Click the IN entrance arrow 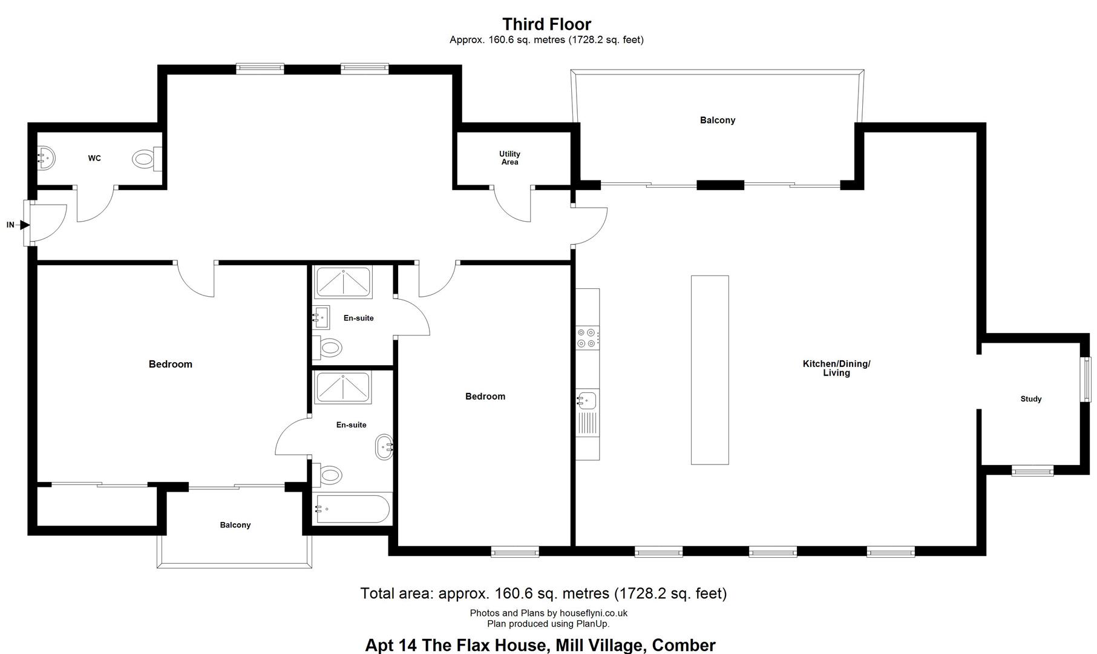coord(24,225)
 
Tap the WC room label coord(94,159)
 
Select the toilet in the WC coord(147,159)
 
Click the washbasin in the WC coord(47,159)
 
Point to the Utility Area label coord(509,158)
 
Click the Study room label coord(1031,399)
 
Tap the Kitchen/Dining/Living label coord(836,368)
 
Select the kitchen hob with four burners coord(588,338)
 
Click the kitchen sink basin coord(587,400)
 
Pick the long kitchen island coord(710,370)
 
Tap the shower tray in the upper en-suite coord(343,283)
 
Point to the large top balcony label coord(718,121)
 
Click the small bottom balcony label coord(235,525)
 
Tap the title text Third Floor coord(546,24)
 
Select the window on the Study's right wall coord(1087,380)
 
